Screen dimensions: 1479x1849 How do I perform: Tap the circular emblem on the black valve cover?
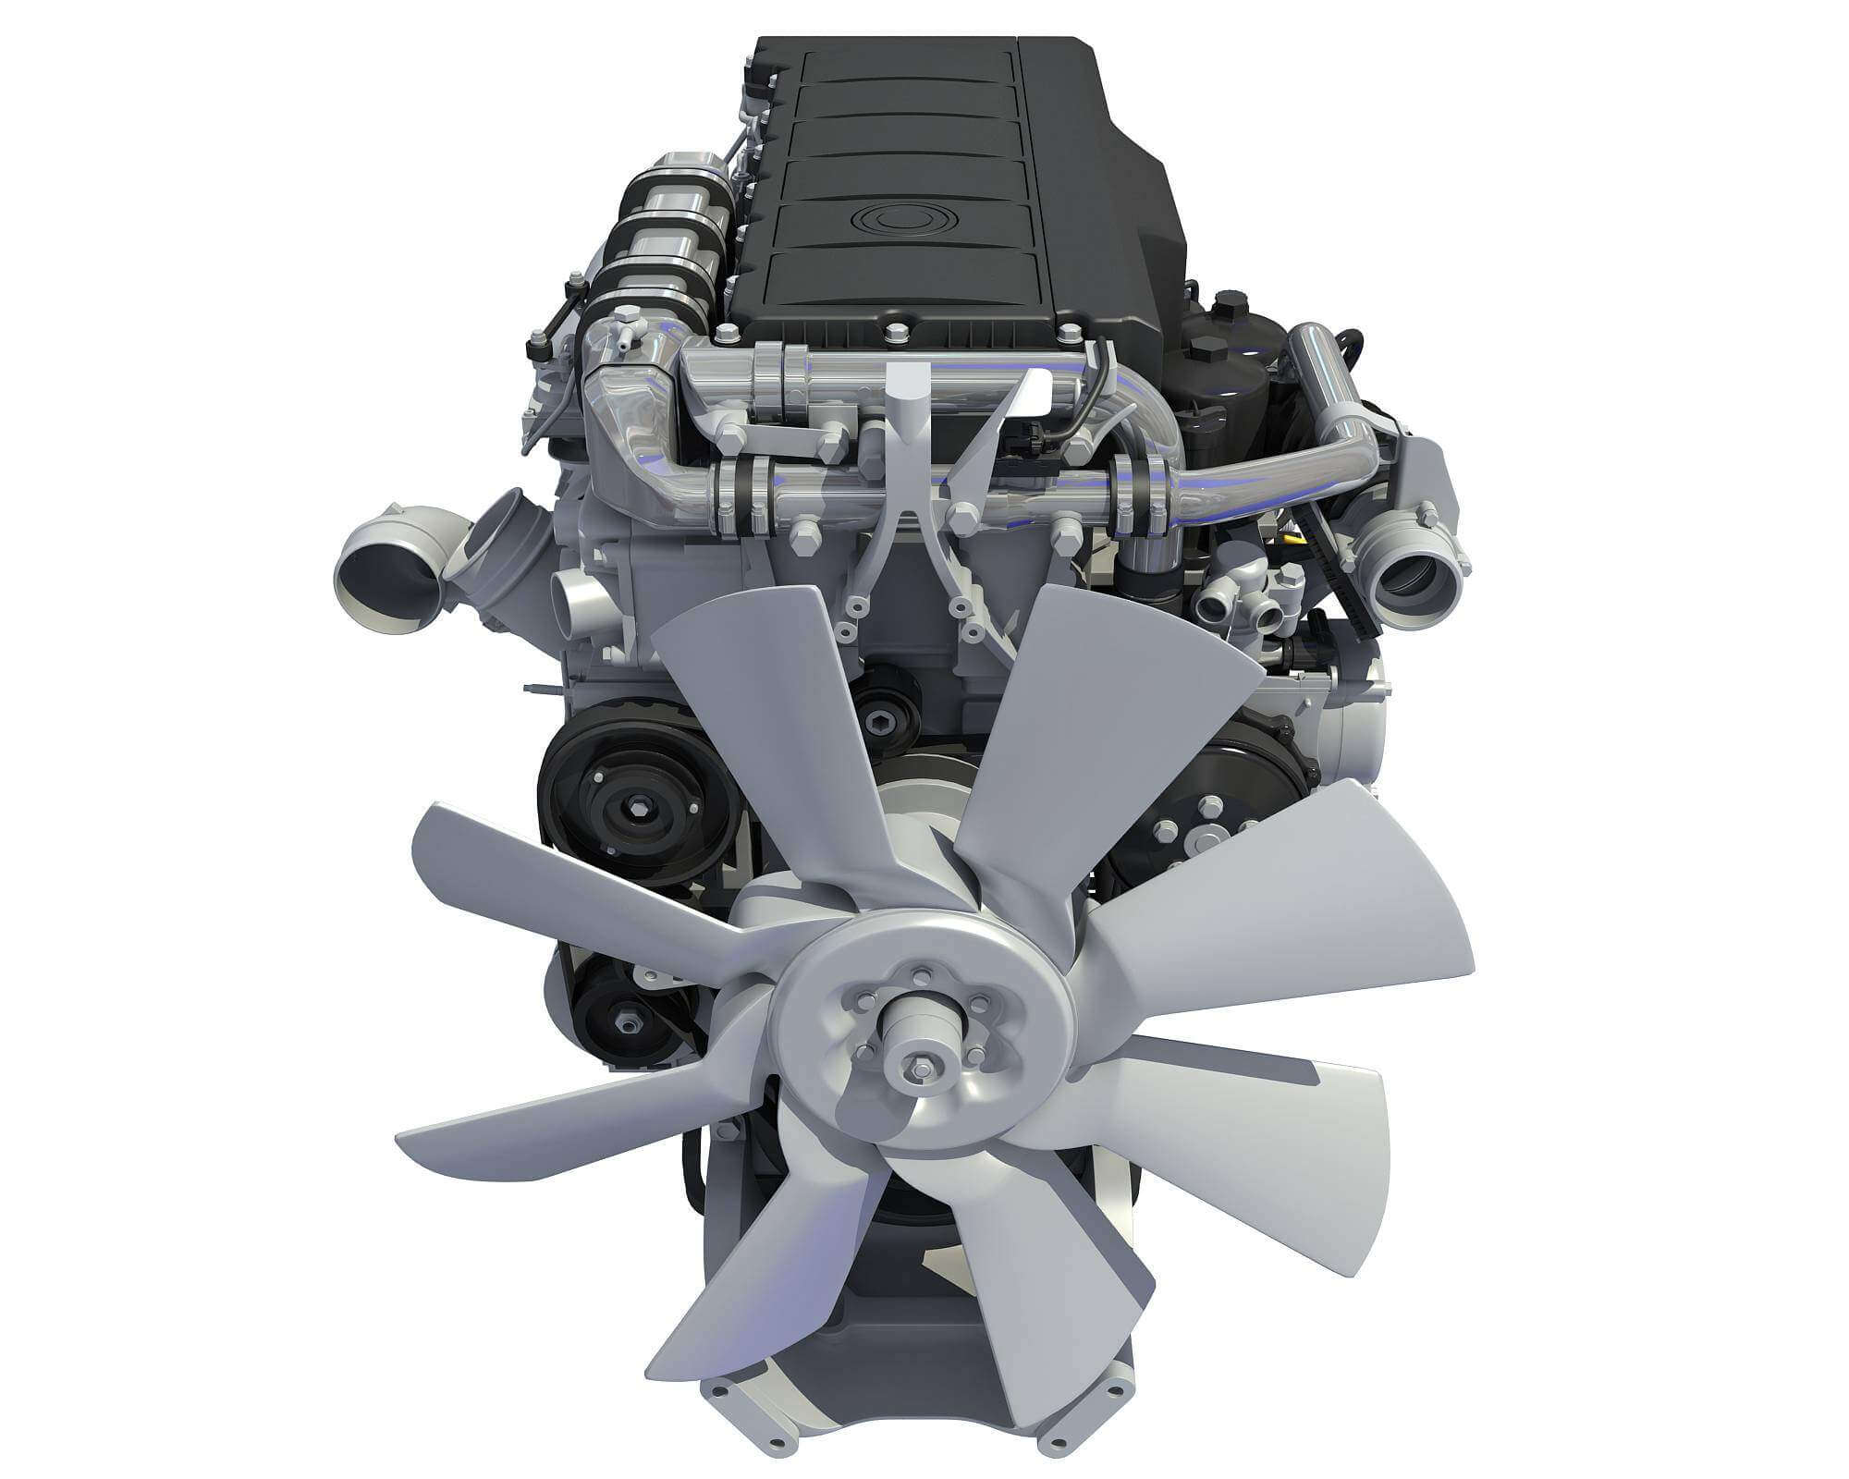[892, 220]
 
